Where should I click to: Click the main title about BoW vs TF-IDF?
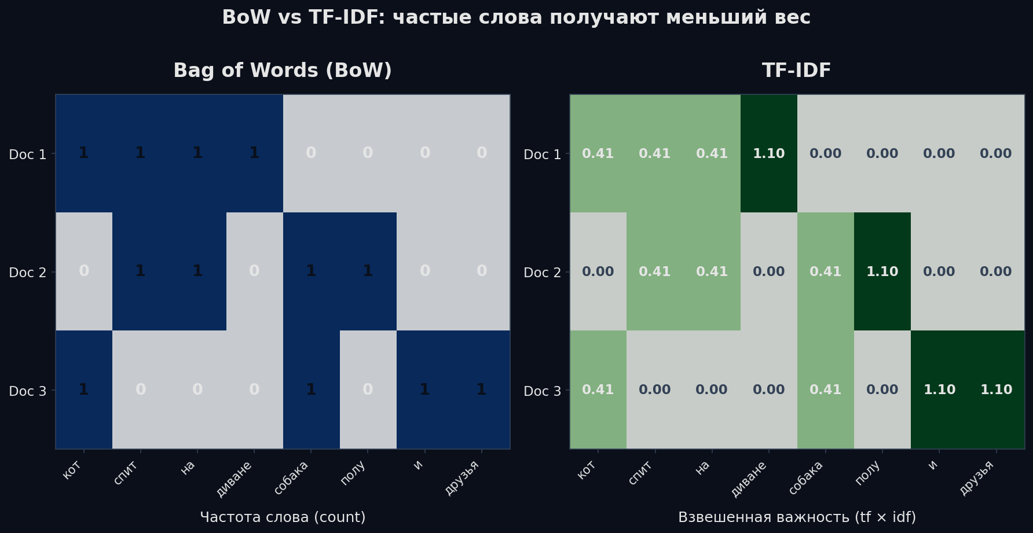click(x=516, y=18)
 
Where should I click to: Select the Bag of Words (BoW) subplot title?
click(x=283, y=71)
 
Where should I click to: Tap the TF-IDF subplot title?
click(x=796, y=71)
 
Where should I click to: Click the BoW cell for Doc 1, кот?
click(x=84, y=153)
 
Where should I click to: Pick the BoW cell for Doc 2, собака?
click(x=311, y=271)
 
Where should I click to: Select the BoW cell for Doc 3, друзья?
click(x=481, y=389)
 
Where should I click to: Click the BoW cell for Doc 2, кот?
click(x=84, y=271)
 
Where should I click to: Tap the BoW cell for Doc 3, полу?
click(x=368, y=389)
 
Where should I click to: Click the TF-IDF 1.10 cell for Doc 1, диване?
click(x=768, y=153)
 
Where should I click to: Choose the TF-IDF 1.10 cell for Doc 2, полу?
click(x=882, y=271)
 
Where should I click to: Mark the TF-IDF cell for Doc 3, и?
click(x=939, y=389)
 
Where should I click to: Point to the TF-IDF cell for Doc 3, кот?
click(x=598, y=389)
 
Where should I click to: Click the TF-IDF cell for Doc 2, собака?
click(x=825, y=271)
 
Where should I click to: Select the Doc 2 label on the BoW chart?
click(x=27, y=273)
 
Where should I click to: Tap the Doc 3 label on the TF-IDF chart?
click(x=542, y=391)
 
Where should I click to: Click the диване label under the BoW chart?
click(x=235, y=478)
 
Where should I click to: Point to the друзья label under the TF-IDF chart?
click(x=977, y=478)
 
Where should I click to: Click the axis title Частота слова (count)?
click(x=283, y=517)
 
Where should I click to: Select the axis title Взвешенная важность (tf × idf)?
click(x=797, y=517)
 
